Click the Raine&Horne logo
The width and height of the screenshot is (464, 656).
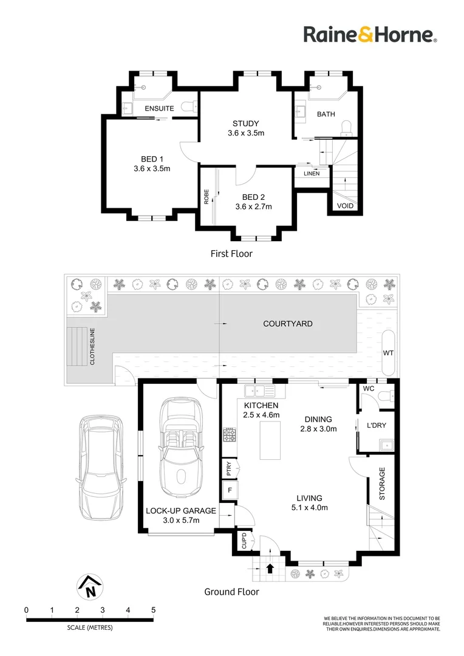pos(370,34)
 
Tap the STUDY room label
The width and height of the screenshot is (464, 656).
pos(245,123)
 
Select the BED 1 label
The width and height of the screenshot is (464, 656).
pos(152,159)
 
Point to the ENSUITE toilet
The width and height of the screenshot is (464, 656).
pos(189,107)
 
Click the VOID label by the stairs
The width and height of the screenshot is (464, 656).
pos(345,206)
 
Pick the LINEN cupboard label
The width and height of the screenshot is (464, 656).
pos(312,173)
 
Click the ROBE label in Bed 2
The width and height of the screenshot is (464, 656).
pos(206,197)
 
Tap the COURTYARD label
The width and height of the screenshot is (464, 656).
pos(288,323)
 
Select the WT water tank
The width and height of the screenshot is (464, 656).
pos(388,353)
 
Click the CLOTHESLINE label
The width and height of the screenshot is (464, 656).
pos(92,346)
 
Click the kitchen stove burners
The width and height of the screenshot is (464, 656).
pos(230,435)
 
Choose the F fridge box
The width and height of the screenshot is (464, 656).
pos(230,490)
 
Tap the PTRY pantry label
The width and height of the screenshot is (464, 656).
pos(229,468)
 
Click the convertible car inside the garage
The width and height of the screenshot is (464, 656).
pos(181,448)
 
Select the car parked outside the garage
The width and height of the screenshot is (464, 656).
pos(101,467)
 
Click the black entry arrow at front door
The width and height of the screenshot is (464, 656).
pos(270,568)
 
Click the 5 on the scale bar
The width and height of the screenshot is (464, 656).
pos(154,610)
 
